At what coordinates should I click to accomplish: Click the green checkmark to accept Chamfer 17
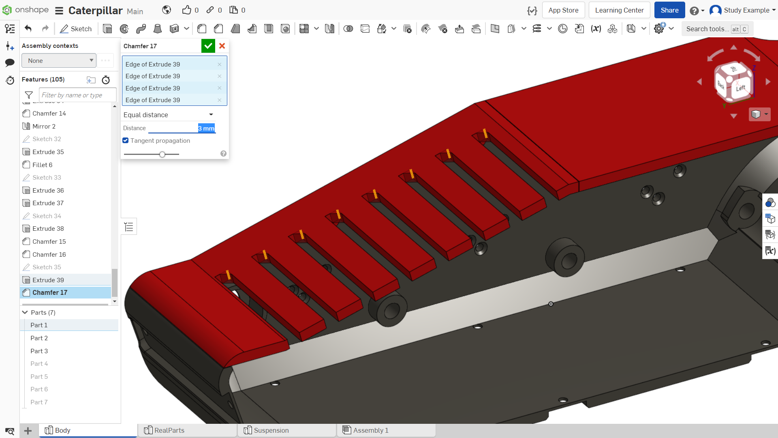(208, 46)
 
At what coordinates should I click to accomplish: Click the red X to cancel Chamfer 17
(222, 46)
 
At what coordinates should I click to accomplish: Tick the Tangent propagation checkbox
(126, 140)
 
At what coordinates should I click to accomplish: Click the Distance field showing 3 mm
(182, 128)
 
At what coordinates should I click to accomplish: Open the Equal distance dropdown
(169, 115)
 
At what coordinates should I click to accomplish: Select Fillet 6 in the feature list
(42, 165)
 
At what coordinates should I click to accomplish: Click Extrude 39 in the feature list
(48, 280)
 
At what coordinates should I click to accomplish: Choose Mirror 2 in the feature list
(44, 126)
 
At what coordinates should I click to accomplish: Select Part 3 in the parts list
(39, 351)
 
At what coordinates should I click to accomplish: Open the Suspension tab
(271, 430)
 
